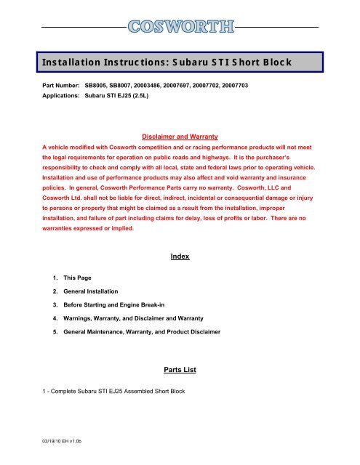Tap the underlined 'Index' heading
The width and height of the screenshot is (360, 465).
pos(180,256)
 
